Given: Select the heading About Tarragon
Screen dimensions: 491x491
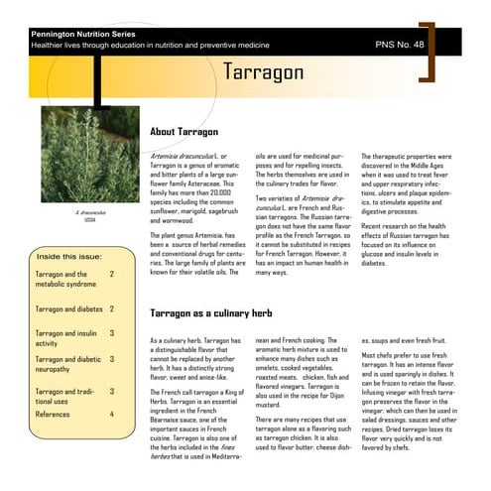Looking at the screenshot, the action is coord(189,132).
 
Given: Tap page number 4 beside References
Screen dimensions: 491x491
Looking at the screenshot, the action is coord(112,414).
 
